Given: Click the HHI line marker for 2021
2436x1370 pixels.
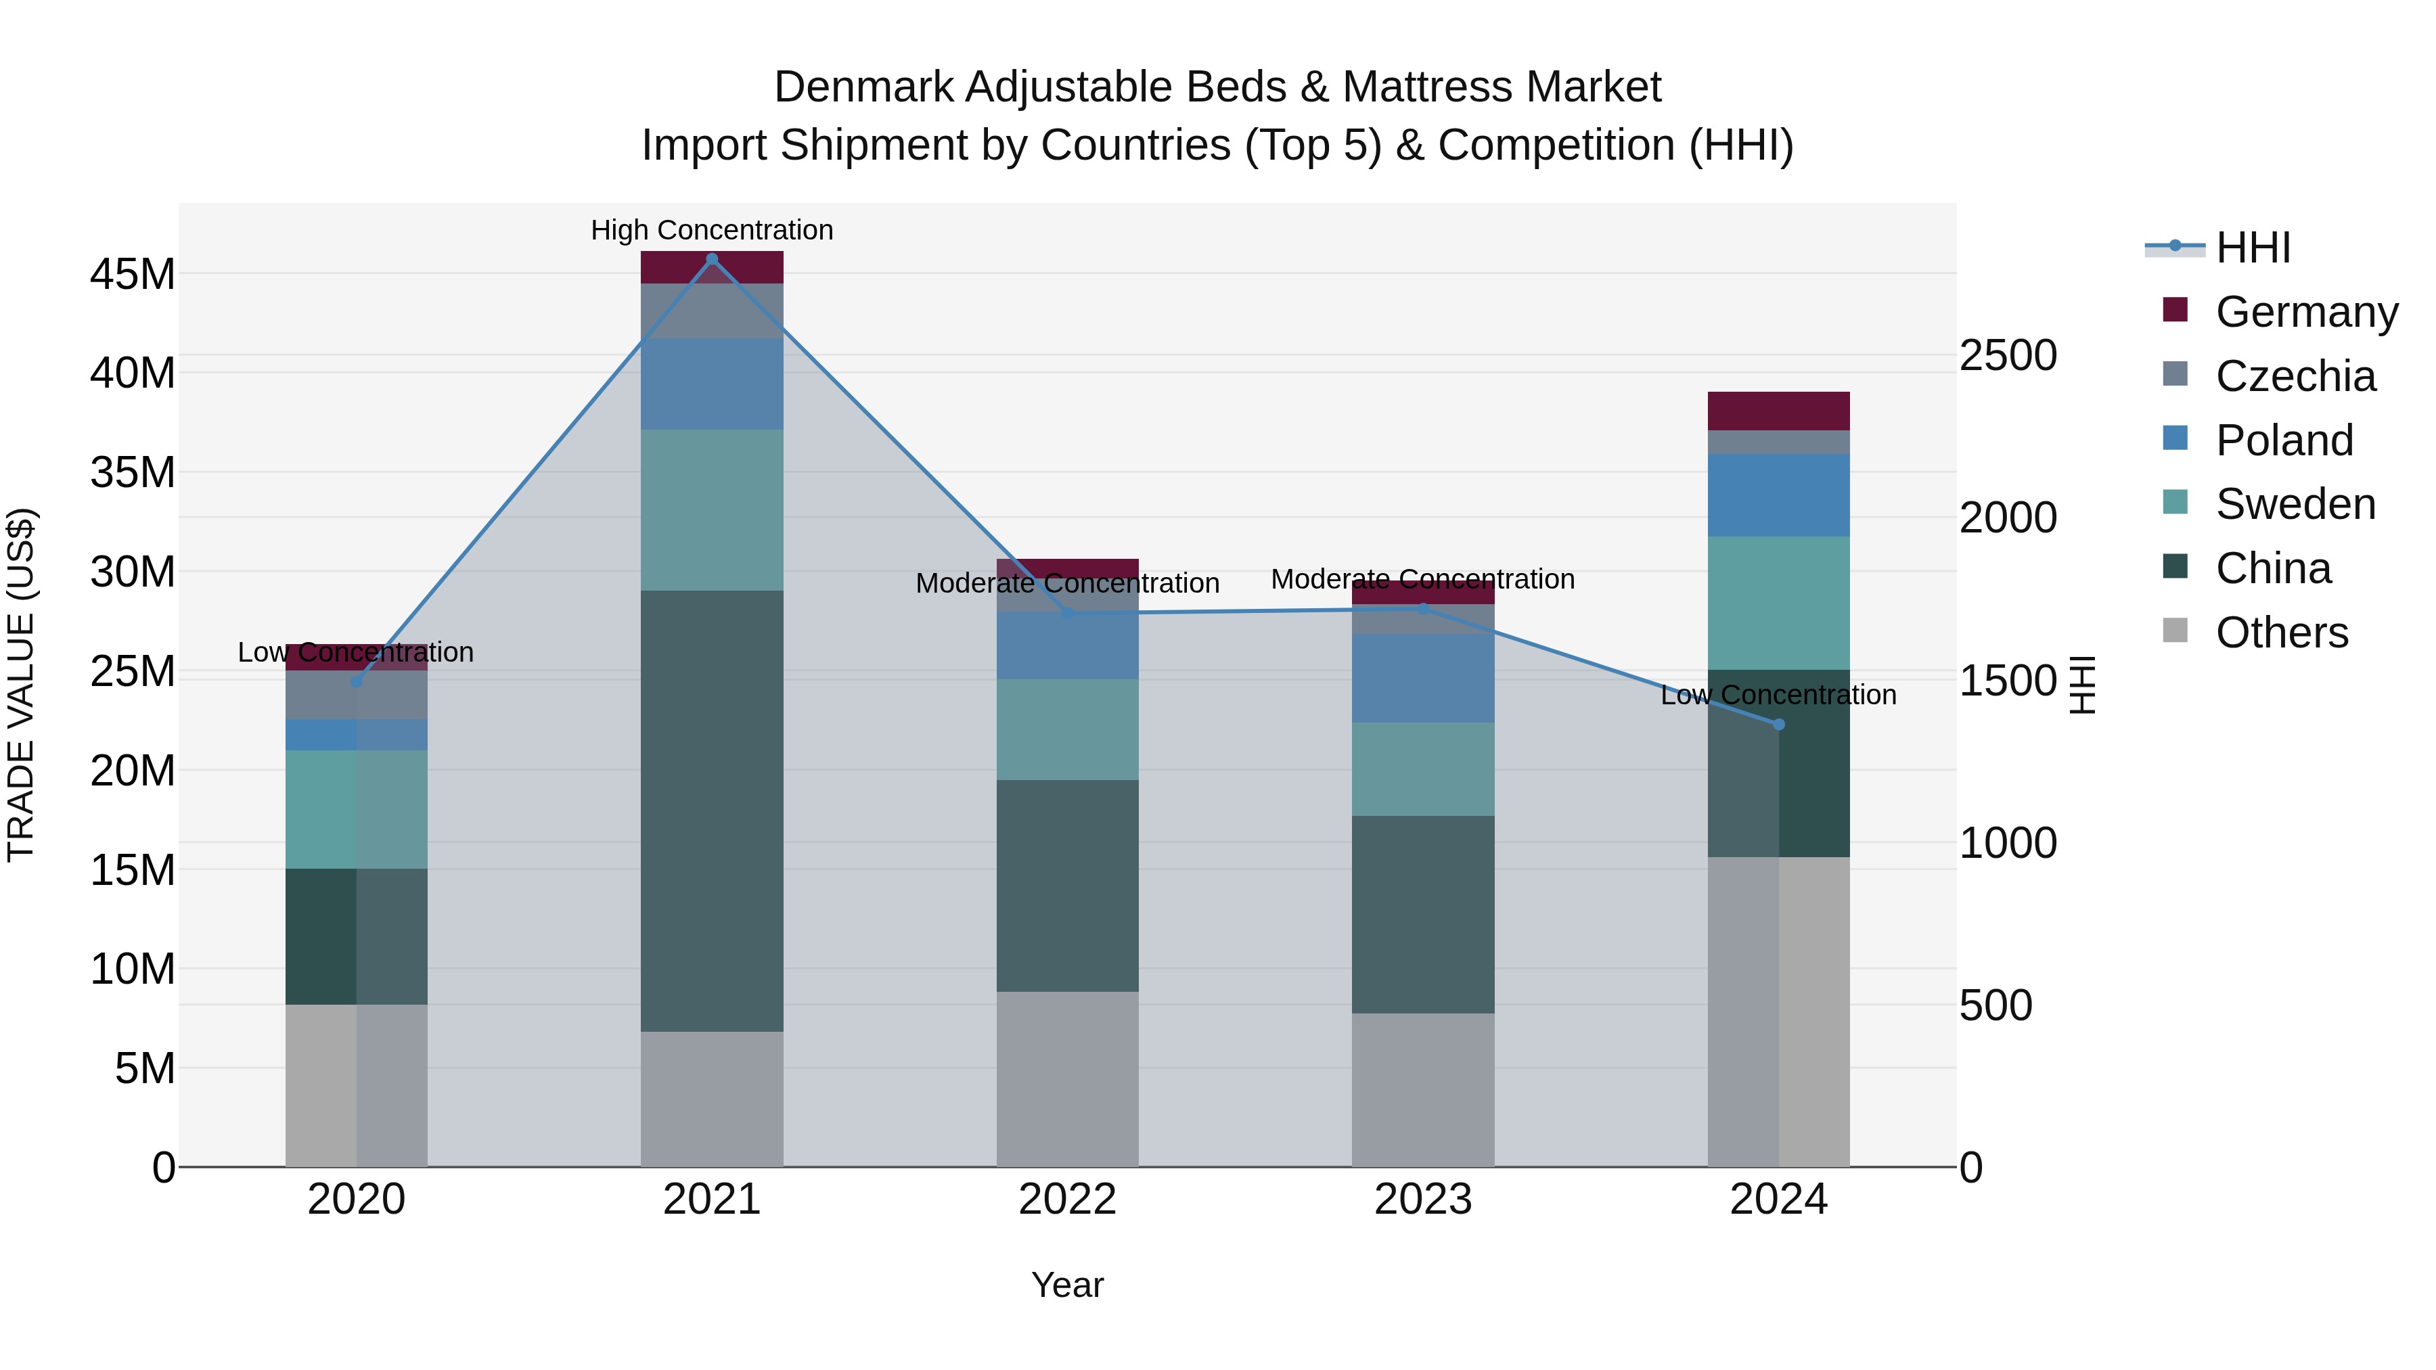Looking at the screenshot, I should click(712, 259).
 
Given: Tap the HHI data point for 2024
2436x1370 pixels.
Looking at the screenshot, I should click(1779, 724).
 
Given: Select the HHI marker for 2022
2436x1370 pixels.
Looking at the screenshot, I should click(1068, 614).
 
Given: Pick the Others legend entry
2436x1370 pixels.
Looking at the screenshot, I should click(2281, 633).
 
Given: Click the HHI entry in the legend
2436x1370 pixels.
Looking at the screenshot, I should click(2253, 248).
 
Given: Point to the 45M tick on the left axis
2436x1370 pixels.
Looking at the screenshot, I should click(133, 274).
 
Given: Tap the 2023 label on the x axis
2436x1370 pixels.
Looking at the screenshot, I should click(1423, 1200).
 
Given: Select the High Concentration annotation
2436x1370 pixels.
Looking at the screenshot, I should click(712, 230).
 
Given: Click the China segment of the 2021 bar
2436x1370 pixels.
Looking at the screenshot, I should click(712, 810).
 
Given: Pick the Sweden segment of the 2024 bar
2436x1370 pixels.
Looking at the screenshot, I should click(1779, 603).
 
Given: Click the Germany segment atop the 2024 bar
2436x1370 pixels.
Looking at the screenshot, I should click(1779, 411).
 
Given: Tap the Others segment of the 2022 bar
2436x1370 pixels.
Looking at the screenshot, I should click(1068, 1079).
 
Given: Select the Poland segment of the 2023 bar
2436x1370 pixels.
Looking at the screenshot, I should click(1423, 678).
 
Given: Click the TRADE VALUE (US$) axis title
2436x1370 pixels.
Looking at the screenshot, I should click(21, 685).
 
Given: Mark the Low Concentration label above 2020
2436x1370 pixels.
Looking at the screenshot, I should click(355, 652).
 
